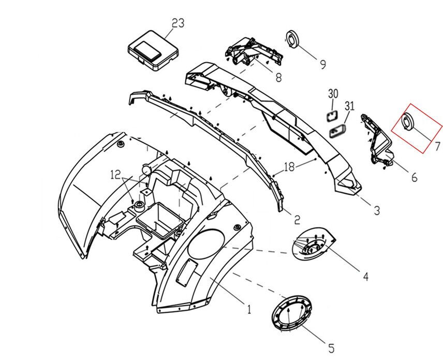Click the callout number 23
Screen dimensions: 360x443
click(x=178, y=23)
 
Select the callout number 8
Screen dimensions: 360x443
click(x=278, y=78)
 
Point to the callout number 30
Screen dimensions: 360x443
click(x=333, y=94)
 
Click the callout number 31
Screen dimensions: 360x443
click(x=350, y=107)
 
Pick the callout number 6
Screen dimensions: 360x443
click(x=414, y=178)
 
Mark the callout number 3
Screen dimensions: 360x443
click(x=377, y=210)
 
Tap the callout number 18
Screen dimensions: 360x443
click(x=288, y=167)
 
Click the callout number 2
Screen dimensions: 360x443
click(x=297, y=220)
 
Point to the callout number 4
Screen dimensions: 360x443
click(x=365, y=277)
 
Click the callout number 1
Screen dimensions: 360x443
click(x=249, y=310)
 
